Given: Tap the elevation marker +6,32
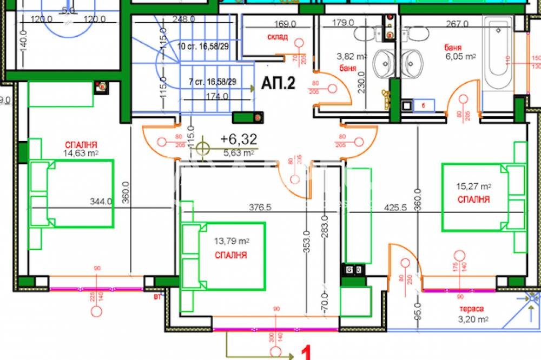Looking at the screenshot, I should (239, 139).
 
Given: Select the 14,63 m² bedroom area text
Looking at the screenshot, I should (81, 153).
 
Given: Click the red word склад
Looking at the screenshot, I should (278, 37).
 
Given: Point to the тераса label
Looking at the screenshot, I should (469, 309).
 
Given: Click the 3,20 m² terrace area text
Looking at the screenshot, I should (469, 319).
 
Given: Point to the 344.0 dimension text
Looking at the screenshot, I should (101, 202).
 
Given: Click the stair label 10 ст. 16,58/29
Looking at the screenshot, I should (203, 47).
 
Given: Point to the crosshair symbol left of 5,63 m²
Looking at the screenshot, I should (203, 147).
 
